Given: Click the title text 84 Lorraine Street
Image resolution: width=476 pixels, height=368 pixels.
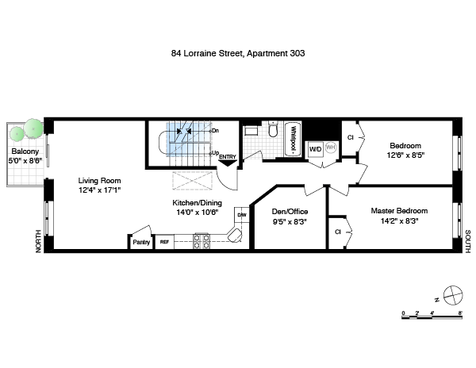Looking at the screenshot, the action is pos(207,53).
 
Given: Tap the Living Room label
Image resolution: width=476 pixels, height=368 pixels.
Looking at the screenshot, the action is pos(99,181).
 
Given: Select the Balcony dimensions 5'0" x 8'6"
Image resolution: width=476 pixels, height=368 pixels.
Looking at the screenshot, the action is pos(25,160).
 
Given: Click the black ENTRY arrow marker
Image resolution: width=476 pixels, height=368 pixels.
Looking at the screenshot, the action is pos(228,163).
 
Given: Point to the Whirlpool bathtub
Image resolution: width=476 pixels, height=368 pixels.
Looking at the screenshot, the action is pos(293,140).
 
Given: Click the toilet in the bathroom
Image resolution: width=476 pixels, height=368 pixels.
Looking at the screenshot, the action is pos(273,129).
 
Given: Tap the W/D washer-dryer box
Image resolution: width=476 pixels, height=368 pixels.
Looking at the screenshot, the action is pos(316,149).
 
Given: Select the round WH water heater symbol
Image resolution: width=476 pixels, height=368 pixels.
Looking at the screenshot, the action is pos(331,148).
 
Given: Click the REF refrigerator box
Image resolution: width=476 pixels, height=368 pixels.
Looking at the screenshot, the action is pos(164,242).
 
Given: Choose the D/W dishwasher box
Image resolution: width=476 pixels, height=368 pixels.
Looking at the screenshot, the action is pos(242,215).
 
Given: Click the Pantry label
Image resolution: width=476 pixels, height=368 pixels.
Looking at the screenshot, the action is pos(141,243).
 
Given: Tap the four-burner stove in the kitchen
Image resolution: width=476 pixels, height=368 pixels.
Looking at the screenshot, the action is pos(202,241).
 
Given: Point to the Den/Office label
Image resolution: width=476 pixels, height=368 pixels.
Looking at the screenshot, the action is pos(290,212).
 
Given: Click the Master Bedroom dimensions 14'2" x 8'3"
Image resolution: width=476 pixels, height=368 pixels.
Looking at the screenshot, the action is pos(400,221).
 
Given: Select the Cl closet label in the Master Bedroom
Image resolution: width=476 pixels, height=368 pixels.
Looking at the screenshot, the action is pos(338,232).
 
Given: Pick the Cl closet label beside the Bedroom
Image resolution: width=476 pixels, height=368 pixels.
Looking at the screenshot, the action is pos(351,137).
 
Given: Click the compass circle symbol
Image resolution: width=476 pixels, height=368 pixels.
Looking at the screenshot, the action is pos(453,295).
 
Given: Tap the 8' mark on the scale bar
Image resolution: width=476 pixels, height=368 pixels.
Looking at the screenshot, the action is pos(460,312).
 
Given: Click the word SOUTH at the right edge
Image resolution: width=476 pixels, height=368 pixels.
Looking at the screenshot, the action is pos(468,241).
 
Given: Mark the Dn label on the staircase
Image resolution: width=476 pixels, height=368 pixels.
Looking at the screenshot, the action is pos(215,131).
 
